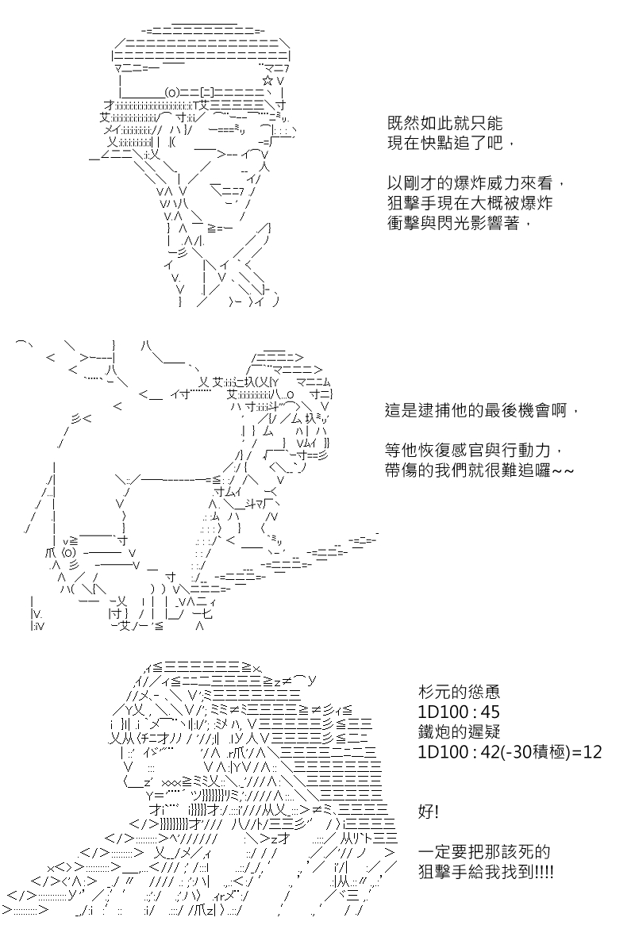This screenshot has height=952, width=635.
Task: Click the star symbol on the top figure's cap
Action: pyautogui.click(x=267, y=80)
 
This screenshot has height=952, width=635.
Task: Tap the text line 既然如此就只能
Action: pyautogui.click(x=444, y=124)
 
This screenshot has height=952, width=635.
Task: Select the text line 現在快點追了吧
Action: pyautogui.click(x=451, y=144)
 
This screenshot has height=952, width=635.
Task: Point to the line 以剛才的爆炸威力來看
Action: pyautogui.click(x=475, y=183)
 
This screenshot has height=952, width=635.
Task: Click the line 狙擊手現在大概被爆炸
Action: pyautogui.click(x=470, y=203)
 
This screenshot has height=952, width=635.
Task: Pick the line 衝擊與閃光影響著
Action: pyautogui.click(x=459, y=223)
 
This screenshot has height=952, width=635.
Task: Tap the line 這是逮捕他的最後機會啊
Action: pyautogui.click(x=482, y=411)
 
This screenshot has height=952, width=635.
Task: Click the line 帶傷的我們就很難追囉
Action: pyautogui.click(x=479, y=470)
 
